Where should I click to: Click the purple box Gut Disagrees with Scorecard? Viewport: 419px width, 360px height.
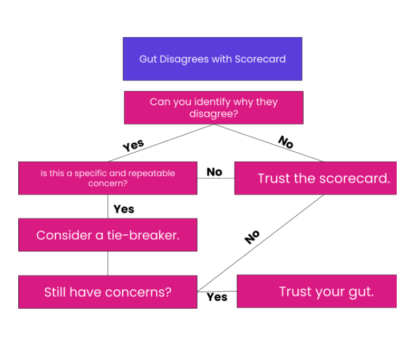212,59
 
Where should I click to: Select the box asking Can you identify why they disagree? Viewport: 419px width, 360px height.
213,107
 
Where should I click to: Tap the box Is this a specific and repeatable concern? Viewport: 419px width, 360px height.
107,178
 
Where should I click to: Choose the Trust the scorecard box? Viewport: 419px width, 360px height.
315,178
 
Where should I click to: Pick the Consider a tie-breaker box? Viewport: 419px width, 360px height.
107,234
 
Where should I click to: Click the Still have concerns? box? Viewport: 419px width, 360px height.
107,292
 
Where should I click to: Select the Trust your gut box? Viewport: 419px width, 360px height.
316,291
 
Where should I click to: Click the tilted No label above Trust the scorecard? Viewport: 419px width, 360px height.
285,142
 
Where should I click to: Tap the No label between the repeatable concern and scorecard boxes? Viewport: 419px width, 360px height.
214,172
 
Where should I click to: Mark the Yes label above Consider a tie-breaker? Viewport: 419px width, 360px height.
123,209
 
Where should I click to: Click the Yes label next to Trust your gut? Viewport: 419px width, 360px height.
217,297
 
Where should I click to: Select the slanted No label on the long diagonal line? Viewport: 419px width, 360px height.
252,237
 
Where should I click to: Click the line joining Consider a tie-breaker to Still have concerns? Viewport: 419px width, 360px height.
108,263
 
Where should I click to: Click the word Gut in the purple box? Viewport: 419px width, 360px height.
147,59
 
